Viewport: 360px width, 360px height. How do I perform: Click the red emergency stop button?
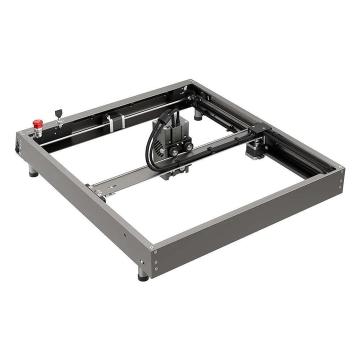pyautogui.click(x=37, y=123)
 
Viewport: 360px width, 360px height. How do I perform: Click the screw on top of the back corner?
pyautogui.click(x=191, y=81)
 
